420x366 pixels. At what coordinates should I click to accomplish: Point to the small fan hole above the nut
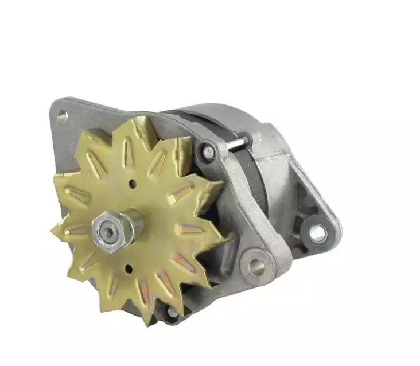coord(131,184)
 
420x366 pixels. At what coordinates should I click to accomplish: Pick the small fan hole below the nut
coord(128,268)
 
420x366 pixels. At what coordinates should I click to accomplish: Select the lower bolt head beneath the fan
coord(172,313)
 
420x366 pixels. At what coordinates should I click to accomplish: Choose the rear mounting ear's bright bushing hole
coord(317,232)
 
